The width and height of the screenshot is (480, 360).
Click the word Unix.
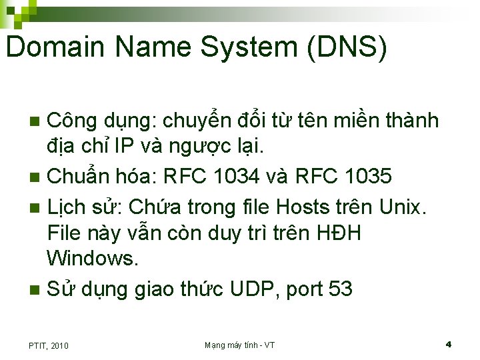(401, 207)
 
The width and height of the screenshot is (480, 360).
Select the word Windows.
(93, 257)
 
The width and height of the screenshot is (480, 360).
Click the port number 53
(341, 289)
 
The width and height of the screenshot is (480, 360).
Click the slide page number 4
(449, 345)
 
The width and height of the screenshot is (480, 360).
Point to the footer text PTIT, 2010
(48, 345)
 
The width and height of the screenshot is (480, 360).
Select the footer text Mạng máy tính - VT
(239, 345)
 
